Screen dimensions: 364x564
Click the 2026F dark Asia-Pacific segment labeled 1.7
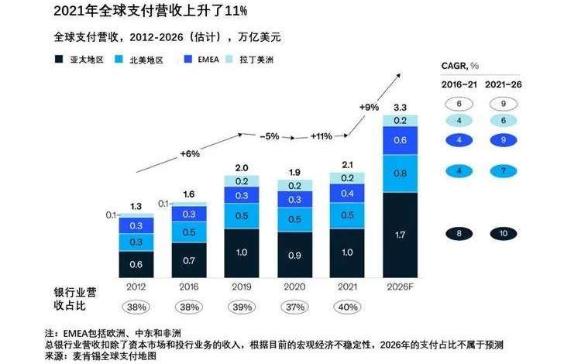point(401,234)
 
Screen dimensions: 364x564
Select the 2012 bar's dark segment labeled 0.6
point(136,263)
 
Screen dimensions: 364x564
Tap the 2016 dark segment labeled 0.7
point(189,260)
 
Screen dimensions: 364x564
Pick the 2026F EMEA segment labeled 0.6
point(401,140)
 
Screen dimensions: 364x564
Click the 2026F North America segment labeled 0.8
point(401,173)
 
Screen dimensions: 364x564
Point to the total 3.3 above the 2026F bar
point(401,107)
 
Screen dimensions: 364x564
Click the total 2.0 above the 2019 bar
point(242,168)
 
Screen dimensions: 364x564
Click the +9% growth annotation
point(370,106)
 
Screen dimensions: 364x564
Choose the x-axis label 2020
point(294,286)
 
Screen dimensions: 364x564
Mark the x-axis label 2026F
point(401,286)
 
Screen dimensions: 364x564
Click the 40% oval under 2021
point(348,306)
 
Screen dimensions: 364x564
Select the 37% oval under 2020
point(294,306)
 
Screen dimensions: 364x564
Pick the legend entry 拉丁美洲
point(260,59)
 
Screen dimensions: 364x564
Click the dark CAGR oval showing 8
point(459,233)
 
